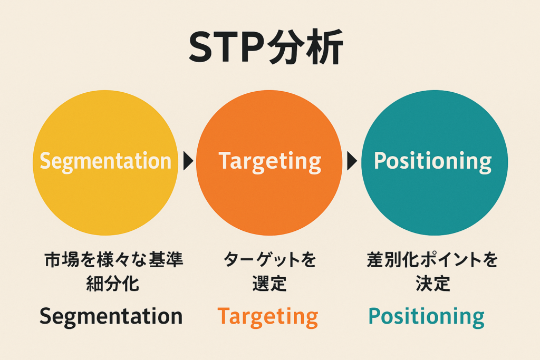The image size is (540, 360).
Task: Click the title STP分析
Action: click(x=266, y=47)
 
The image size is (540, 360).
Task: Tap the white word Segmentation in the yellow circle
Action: click(x=105, y=161)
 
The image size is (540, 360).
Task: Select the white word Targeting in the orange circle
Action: click(x=269, y=161)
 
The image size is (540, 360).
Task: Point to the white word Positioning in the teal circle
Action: click(x=432, y=161)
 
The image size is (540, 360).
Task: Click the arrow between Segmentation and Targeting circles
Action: click(x=188, y=161)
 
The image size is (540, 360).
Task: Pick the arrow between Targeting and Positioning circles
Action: click(x=352, y=161)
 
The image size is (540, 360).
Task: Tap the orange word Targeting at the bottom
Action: click(x=267, y=317)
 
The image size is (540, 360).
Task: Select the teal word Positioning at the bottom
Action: click(x=426, y=317)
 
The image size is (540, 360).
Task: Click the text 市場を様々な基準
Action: click(x=114, y=259)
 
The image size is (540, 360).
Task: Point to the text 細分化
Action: click(x=113, y=284)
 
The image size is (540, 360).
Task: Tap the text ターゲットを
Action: click(x=269, y=259)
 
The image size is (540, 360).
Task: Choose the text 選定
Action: click(x=269, y=284)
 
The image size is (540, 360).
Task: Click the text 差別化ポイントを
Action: click(x=432, y=259)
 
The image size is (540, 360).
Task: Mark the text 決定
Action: click(x=433, y=284)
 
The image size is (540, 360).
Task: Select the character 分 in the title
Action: click(x=285, y=47)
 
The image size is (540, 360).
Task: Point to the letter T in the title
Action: click(x=228, y=47)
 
